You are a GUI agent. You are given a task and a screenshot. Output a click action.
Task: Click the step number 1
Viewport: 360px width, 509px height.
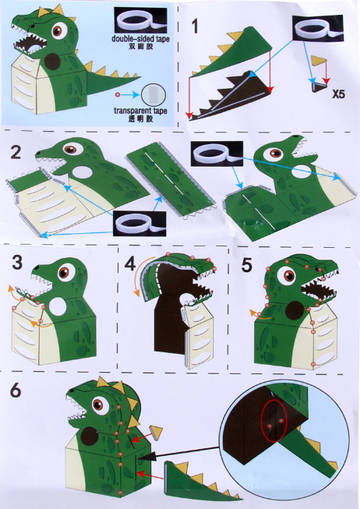(195, 27)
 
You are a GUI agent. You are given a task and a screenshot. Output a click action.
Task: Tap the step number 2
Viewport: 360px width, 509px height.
(16, 152)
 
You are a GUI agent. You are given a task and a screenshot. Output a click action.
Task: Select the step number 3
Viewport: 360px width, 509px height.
(17, 262)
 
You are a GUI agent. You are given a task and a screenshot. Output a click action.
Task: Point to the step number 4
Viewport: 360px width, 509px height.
(130, 263)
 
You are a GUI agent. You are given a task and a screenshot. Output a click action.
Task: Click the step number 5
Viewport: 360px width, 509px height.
(246, 265)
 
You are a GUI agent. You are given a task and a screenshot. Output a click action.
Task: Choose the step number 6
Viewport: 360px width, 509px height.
(16, 390)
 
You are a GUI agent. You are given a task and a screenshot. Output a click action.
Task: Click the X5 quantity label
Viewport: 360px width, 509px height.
(339, 94)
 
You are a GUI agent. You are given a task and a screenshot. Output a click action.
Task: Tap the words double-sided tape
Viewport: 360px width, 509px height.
(140, 39)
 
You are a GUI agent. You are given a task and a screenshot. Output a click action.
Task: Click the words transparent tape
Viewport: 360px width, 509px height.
(140, 111)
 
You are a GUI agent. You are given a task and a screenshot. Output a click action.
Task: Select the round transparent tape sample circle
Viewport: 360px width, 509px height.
(154, 95)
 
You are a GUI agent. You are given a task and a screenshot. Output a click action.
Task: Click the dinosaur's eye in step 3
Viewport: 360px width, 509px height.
(64, 272)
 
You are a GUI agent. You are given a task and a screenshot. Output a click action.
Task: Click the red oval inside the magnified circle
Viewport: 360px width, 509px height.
(274, 421)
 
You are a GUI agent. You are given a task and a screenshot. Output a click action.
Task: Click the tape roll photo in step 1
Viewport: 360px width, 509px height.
(318, 28)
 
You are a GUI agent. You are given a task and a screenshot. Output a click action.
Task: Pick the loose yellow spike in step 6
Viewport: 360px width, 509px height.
(156, 433)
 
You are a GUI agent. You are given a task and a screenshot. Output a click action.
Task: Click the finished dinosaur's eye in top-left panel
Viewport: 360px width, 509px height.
(59, 31)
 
